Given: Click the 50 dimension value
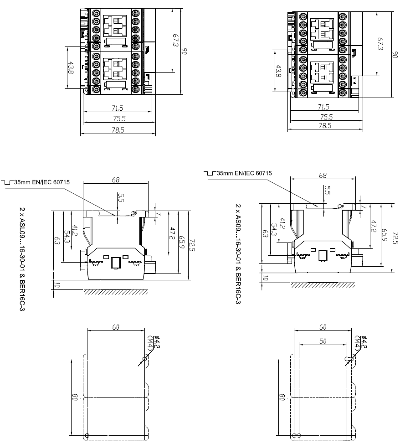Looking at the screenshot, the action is point(323,341).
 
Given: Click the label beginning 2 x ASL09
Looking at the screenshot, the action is point(22,259).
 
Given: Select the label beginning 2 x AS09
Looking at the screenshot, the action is point(238,254).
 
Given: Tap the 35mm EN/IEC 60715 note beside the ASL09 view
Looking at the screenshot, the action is point(42,182).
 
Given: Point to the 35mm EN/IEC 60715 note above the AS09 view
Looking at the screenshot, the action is point(244,173).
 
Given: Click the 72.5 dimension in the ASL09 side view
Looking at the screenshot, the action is point(192,245).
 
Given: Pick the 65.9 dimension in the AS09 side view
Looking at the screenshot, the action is point(384,235).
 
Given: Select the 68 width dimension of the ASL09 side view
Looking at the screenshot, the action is point(116,180).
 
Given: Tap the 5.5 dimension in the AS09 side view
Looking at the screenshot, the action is point(327,190).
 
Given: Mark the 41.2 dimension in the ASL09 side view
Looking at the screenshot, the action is point(75,231).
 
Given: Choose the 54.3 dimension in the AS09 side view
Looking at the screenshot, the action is point(274,229).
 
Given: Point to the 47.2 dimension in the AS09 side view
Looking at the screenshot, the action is point(374,226).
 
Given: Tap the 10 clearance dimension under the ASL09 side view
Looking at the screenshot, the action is point(56,285).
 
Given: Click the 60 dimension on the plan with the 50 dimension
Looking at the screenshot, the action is point(323,327).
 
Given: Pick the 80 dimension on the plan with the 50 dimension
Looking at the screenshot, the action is point(282,397).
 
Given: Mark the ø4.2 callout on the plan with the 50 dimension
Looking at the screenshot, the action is point(364,341).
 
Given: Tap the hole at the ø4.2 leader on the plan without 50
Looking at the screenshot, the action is point(145,359).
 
